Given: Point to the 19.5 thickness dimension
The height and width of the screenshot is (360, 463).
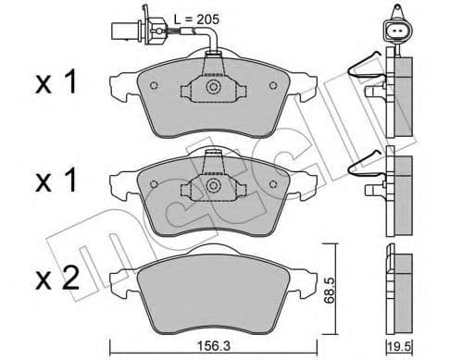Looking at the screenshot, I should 397,346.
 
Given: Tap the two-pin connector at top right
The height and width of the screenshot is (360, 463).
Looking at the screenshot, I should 395,33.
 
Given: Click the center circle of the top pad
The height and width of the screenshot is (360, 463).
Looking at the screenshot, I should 212,89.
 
